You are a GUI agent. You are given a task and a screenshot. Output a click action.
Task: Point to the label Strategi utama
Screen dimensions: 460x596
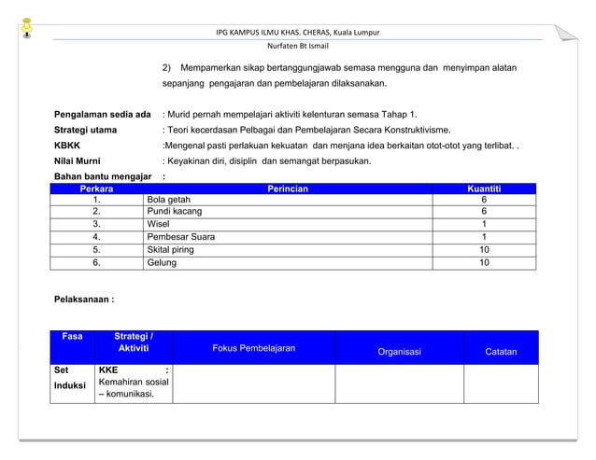click(85, 130)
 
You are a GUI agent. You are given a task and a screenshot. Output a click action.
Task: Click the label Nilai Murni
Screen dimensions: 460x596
click(78, 160)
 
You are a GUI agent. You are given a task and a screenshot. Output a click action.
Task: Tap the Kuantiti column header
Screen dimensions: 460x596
click(484, 189)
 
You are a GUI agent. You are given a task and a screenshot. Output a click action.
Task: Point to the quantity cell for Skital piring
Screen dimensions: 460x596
click(484, 250)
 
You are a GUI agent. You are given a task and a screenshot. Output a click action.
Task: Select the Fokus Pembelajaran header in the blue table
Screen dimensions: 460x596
click(254, 348)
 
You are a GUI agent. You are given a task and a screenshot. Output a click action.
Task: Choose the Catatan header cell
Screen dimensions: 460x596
click(501, 352)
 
